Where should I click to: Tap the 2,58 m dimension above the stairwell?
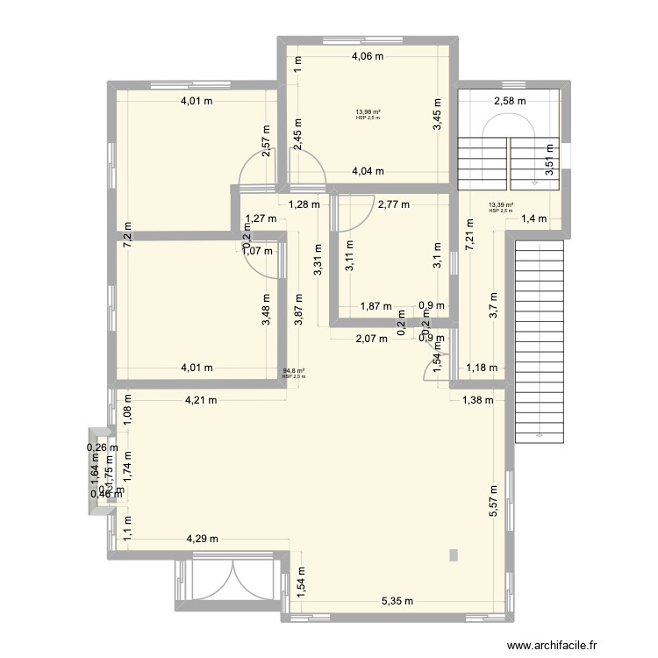coord(510,100)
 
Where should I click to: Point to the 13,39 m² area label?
coord(501,206)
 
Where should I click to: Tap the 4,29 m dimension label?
coord(202,539)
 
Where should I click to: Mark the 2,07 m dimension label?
coord(371,340)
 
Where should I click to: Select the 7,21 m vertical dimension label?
coord(469,235)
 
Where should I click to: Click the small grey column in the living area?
coord(453,554)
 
